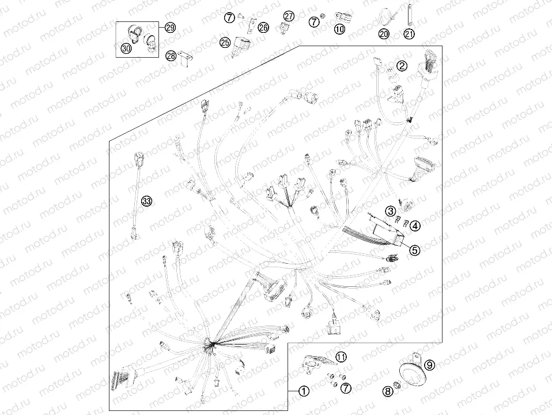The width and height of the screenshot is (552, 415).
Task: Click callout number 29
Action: tap(171, 27)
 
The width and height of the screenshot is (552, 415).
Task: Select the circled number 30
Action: tap(126, 48)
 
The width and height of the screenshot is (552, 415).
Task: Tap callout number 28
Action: tap(171, 56)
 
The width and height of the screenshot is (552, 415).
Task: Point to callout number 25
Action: tap(225, 43)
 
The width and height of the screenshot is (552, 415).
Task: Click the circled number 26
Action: tap(263, 27)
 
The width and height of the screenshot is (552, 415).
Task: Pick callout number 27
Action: tap(289, 16)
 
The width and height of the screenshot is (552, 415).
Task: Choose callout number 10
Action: tap(339, 29)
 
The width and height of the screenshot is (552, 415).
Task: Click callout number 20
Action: tap(384, 33)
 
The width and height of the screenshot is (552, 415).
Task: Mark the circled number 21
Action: tap(409, 34)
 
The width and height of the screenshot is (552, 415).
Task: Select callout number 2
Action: tap(402, 66)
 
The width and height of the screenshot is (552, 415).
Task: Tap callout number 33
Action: tap(147, 201)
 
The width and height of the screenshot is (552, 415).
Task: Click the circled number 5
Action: tap(415, 250)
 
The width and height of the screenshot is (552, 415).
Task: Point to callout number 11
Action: tap(341, 357)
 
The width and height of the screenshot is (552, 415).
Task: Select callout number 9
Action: tap(430, 365)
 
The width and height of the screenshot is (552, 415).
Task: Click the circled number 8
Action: tap(388, 391)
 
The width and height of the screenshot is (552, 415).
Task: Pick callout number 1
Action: tap(304, 391)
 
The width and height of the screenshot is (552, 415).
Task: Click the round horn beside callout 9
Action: tap(412, 375)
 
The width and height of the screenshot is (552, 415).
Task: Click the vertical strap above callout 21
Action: tap(410, 15)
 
